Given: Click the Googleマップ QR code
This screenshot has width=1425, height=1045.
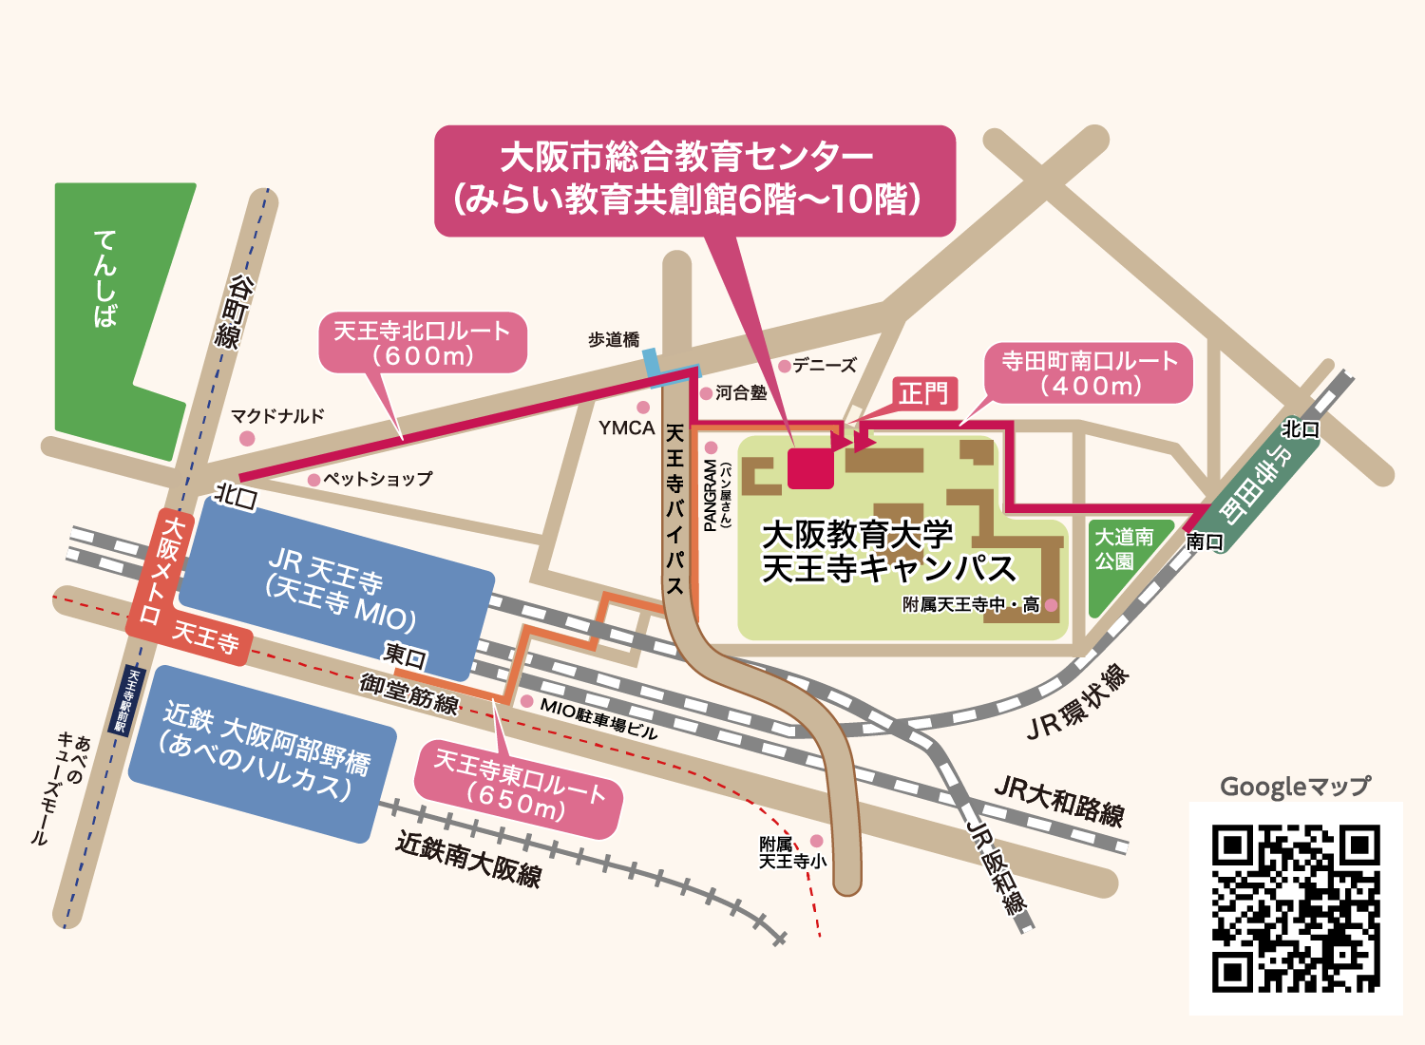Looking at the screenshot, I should [1296, 908].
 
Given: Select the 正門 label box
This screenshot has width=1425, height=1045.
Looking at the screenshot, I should [924, 392].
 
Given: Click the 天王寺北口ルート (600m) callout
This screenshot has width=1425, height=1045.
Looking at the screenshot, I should [423, 343].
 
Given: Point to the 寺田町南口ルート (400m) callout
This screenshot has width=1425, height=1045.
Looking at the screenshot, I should [1090, 372].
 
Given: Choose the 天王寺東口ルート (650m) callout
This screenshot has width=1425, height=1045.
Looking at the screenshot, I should [519, 788].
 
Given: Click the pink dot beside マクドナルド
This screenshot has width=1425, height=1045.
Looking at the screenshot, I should [247, 438].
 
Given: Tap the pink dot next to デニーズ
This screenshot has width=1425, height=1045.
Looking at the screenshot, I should [785, 366].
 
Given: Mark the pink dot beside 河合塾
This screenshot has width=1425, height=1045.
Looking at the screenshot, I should [706, 393].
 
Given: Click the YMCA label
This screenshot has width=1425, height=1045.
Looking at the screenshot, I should [627, 428].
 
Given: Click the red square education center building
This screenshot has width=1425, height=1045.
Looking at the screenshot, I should [811, 467].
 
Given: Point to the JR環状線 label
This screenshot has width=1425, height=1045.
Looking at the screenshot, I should [1078, 704].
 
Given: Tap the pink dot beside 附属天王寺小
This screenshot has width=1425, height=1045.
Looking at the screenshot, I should [817, 841].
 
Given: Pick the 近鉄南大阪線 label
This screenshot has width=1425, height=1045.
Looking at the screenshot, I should [468, 859].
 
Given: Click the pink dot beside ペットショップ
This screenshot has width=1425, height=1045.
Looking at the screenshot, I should [313, 481].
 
